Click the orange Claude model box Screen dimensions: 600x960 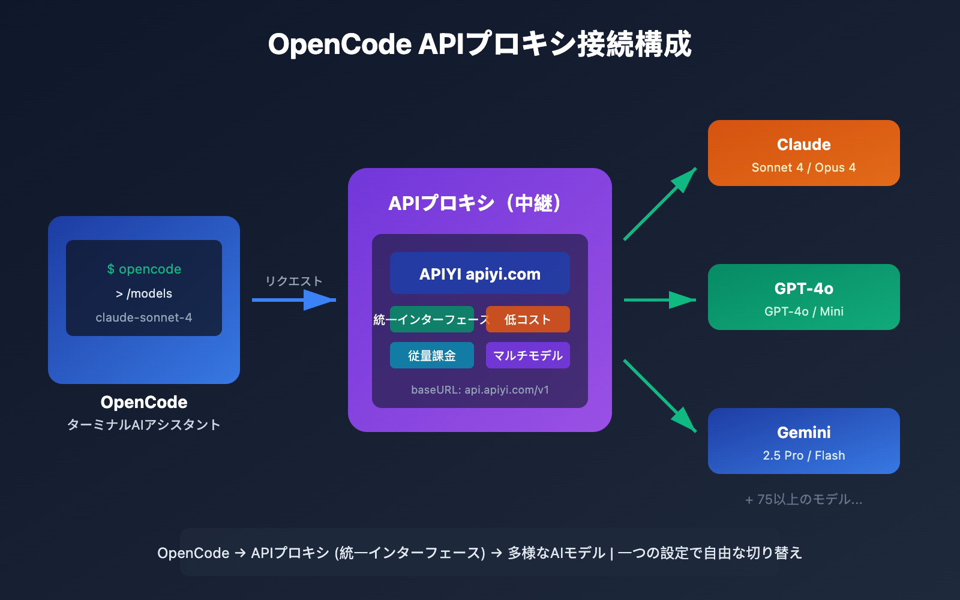coord(803,153)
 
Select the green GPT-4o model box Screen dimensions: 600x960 coord(803,297)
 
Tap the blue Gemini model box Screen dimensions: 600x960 coord(803,441)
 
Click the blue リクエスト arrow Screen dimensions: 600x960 coord(294,299)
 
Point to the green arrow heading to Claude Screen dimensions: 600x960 coord(660,204)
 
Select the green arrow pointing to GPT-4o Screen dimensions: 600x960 coord(660,299)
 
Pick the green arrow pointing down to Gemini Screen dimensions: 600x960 coord(660,396)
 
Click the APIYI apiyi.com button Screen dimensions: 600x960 coord(479,274)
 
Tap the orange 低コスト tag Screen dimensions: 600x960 coord(528,319)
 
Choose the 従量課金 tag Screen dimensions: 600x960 coord(431,355)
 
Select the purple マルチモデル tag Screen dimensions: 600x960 coord(528,355)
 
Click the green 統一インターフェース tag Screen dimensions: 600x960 coord(431,319)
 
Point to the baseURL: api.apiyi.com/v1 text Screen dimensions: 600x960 coord(479,390)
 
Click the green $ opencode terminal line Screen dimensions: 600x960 coord(144,269)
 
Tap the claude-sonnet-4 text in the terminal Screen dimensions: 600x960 coord(144,317)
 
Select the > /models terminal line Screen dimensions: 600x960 coord(144,293)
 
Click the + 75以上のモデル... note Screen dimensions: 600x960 coord(803,499)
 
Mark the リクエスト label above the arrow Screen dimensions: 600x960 coord(294,281)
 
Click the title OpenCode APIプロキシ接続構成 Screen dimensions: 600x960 coord(479,44)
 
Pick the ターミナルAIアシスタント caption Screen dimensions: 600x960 coord(144,425)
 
